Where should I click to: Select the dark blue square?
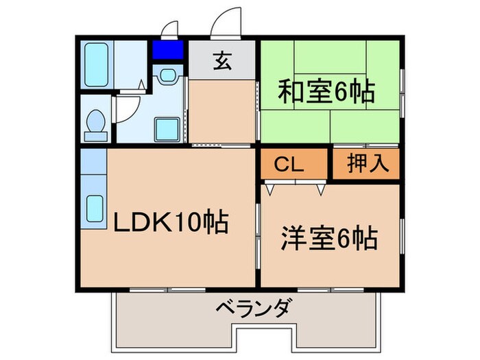[168, 50]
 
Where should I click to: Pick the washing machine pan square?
[167, 128]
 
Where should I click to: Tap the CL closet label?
[290, 165]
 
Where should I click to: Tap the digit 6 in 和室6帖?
[346, 91]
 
